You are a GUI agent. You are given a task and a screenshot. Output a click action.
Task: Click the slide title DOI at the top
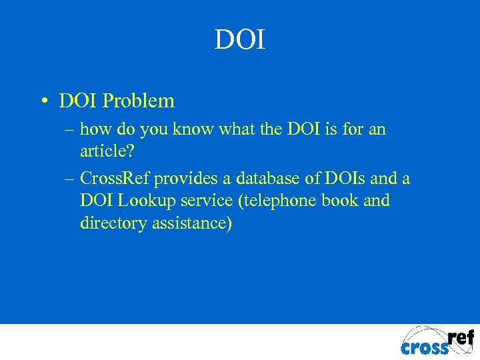240,40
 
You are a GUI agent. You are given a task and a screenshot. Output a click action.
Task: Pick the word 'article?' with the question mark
107,151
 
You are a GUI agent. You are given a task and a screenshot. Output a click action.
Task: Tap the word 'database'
263,179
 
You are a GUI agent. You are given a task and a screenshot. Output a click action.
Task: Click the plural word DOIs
341,179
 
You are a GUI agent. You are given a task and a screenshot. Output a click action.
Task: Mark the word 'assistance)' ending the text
193,223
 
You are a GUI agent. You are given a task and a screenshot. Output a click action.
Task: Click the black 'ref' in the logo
459,337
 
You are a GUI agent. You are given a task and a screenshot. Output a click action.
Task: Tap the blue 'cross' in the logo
425,347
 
